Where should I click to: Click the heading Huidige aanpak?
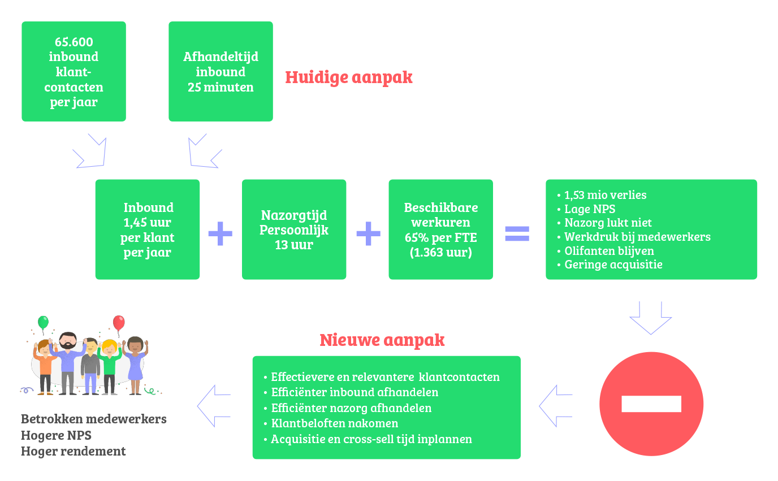[349, 77]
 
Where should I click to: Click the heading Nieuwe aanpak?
[382, 340]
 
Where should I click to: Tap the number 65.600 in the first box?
[74, 42]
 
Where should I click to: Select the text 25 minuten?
[221, 87]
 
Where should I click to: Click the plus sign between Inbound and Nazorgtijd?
[220, 233]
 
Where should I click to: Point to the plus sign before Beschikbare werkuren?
[369, 233]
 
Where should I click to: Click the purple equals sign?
[517, 233]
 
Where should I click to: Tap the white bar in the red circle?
[651, 404]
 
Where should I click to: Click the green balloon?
[43, 322]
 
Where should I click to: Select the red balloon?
[119, 322]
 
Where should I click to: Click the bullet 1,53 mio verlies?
[602, 195]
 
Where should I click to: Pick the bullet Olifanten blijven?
[606, 251]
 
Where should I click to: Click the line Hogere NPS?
[57, 435]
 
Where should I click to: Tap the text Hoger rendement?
[74, 451]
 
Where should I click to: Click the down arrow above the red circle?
[651, 318]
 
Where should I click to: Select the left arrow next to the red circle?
[556, 406]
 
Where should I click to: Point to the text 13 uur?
[294, 245]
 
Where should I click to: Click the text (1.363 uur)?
[441, 253]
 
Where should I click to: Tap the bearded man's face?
[68, 341]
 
